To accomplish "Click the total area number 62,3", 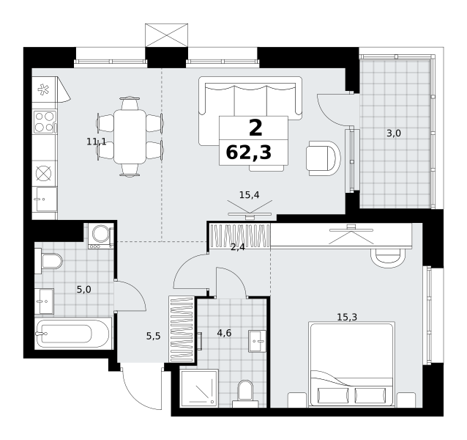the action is pyautogui.click(x=249, y=153).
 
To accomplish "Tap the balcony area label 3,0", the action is pyautogui.click(x=394, y=133).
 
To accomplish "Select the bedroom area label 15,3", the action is pyautogui.click(x=347, y=317).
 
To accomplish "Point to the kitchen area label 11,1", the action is pyautogui.click(x=96, y=142).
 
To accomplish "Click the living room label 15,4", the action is pyautogui.click(x=250, y=195).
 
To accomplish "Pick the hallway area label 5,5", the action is pyautogui.click(x=154, y=336).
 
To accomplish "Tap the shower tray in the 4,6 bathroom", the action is pyautogui.click(x=199, y=389).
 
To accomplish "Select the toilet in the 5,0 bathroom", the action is pyautogui.click(x=48, y=261).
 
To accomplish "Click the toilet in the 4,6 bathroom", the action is pyautogui.click(x=245, y=394).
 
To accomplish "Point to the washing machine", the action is pyautogui.click(x=101, y=235).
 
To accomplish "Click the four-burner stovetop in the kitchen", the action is pyautogui.click(x=45, y=122).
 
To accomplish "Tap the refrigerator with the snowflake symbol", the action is pyautogui.click(x=45, y=89).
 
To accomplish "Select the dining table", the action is pyautogui.click(x=130, y=136).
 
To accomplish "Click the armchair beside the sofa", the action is pyautogui.click(x=324, y=158).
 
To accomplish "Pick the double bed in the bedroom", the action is pyautogui.click(x=352, y=364).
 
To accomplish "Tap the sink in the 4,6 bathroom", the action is pyautogui.click(x=258, y=341).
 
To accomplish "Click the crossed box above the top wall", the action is pyautogui.click(x=166, y=35).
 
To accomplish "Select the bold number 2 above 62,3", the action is pyautogui.click(x=255, y=128).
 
